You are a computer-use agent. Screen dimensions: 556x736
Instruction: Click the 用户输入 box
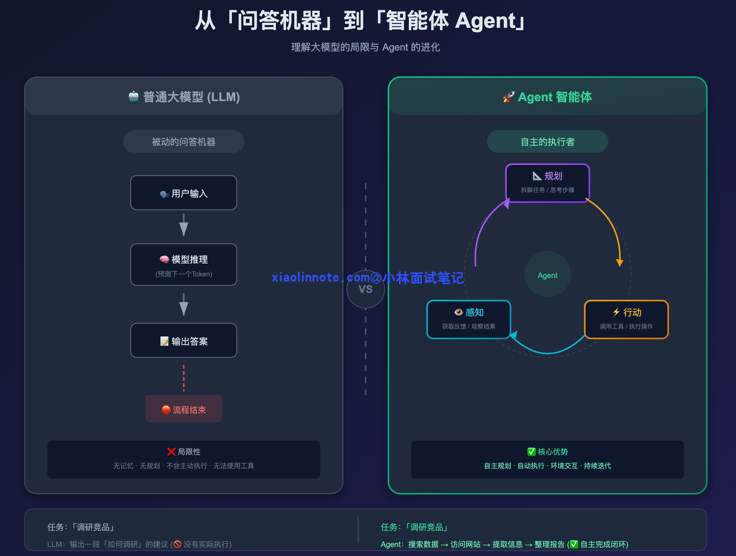(x=184, y=193)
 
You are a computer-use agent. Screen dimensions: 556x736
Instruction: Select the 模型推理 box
(x=184, y=265)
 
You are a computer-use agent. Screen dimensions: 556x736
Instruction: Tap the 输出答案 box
(x=184, y=340)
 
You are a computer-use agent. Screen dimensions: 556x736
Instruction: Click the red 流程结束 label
(x=184, y=409)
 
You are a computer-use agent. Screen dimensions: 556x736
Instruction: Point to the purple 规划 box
(x=547, y=183)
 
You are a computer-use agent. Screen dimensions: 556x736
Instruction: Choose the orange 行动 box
(x=626, y=319)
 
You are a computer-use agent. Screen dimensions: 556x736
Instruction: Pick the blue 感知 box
(x=468, y=319)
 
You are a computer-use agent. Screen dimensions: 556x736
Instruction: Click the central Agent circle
(x=547, y=274)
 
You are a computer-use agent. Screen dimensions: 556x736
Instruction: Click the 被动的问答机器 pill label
(x=184, y=142)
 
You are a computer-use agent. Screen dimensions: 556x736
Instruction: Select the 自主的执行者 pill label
(x=547, y=142)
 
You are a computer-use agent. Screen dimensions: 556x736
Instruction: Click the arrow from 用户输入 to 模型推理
(x=184, y=225)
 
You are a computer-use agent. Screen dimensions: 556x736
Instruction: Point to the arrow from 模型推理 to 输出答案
(x=184, y=305)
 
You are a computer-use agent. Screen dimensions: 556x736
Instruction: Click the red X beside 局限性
(x=171, y=452)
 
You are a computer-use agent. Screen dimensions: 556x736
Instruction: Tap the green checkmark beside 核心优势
(x=532, y=452)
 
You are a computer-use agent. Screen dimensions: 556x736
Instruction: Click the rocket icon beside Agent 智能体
(x=508, y=97)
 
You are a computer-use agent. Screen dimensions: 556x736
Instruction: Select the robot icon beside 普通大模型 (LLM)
(x=134, y=96)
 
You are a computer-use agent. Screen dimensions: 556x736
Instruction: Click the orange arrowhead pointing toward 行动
(x=619, y=262)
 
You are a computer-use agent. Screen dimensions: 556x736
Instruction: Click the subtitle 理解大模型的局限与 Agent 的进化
(x=365, y=47)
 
